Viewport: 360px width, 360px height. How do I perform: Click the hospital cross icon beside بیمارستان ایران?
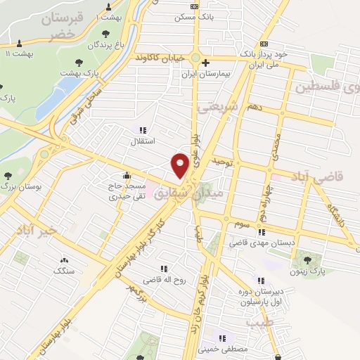click(205, 63)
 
